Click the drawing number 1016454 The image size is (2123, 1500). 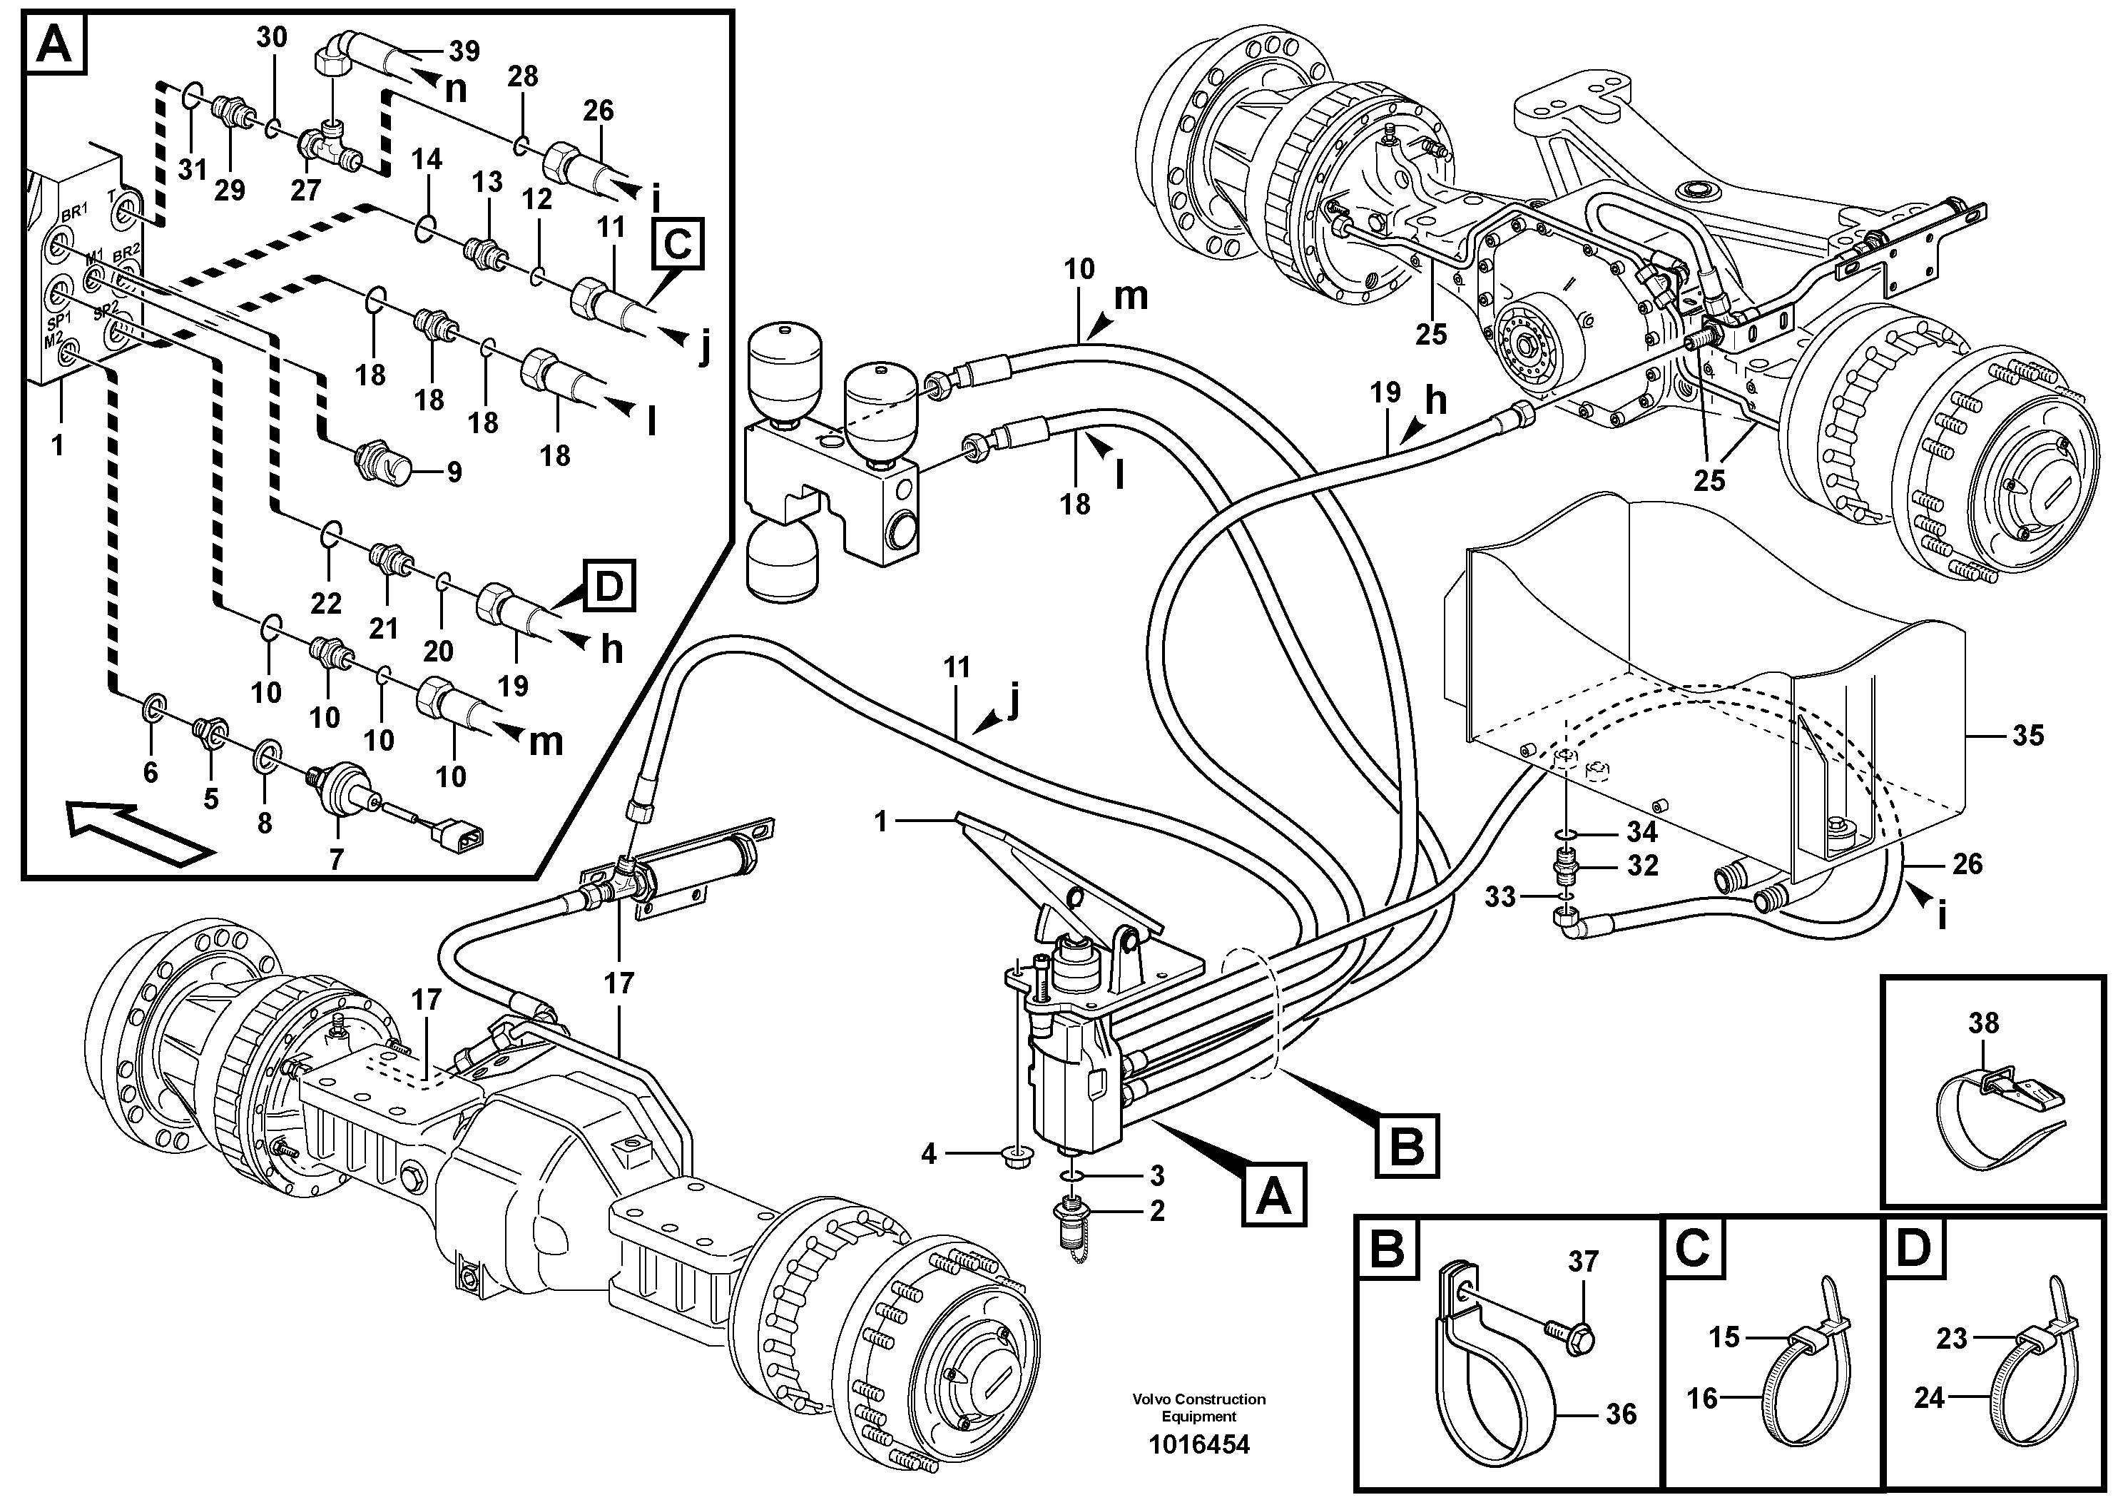click(1198, 1444)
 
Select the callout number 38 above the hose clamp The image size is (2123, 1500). click(1983, 1023)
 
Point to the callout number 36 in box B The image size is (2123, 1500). click(1621, 1414)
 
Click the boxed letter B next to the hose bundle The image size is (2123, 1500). click(1406, 1147)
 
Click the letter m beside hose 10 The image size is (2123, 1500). click(1130, 297)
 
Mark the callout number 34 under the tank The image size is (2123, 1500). click(1641, 831)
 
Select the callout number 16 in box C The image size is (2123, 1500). click(1701, 1397)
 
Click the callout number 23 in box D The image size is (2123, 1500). click(1951, 1338)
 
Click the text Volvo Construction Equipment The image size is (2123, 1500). click(1198, 1407)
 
